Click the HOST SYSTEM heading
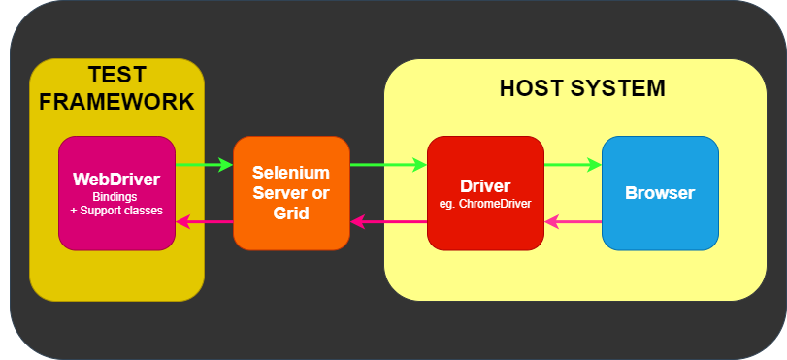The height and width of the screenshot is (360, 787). (x=581, y=88)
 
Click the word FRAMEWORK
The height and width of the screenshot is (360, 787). (x=116, y=102)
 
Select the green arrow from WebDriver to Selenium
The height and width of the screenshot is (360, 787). (x=205, y=165)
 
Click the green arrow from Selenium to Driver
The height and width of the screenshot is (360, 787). (x=388, y=165)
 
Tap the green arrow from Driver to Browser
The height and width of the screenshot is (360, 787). (x=573, y=165)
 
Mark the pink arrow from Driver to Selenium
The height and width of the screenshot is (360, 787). (x=388, y=222)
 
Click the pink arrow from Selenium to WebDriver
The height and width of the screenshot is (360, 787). (x=205, y=222)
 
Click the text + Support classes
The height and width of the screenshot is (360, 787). (x=116, y=211)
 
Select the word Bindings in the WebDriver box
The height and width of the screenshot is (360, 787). (x=116, y=197)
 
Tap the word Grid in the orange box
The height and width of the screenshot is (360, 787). (x=291, y=213)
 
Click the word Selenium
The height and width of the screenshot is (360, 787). (x=291, y=172)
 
